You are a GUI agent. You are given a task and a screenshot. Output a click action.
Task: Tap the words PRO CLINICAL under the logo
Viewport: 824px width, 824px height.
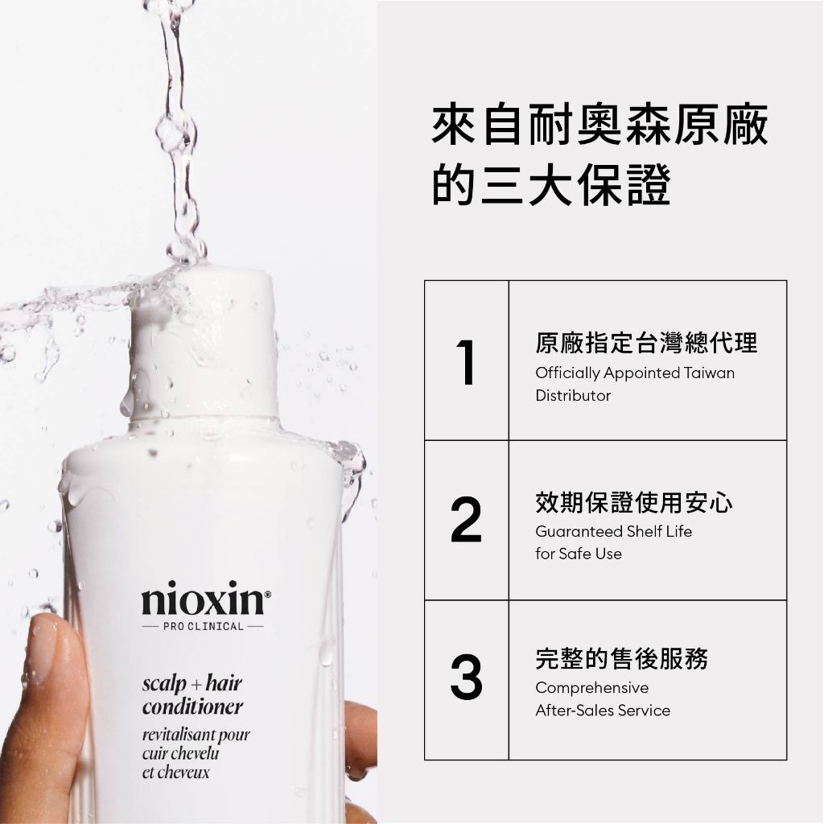pos(204,626)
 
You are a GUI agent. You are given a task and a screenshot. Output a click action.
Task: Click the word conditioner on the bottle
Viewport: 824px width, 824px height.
pos(192,707)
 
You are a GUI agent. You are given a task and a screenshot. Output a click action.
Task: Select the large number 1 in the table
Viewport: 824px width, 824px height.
pos(467,362)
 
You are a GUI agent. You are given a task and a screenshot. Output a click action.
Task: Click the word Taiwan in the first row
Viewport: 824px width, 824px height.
pos(710,373)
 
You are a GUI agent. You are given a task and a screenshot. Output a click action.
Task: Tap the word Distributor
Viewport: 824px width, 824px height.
pos(573,395)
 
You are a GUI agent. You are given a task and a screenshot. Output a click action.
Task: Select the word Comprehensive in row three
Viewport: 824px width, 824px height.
pos(591,688)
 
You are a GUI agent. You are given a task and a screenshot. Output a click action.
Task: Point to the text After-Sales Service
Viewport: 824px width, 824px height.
pos(603,711)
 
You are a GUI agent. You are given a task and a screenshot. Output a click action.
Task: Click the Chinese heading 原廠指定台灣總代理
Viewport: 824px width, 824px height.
pos(646,343)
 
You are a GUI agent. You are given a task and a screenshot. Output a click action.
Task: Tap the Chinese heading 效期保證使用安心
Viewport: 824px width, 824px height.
pos(634,502)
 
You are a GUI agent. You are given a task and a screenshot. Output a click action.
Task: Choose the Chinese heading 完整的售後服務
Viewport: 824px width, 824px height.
pos(622,658)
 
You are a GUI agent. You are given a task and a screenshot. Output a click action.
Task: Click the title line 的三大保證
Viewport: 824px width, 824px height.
pos(551,184)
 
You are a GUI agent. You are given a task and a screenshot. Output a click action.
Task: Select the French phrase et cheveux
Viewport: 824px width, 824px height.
pos(176,772)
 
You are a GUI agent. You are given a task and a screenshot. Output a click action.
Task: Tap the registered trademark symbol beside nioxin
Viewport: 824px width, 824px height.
pos(267,595)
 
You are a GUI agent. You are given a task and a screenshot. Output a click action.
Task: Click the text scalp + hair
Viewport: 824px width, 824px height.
pos(192,684)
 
